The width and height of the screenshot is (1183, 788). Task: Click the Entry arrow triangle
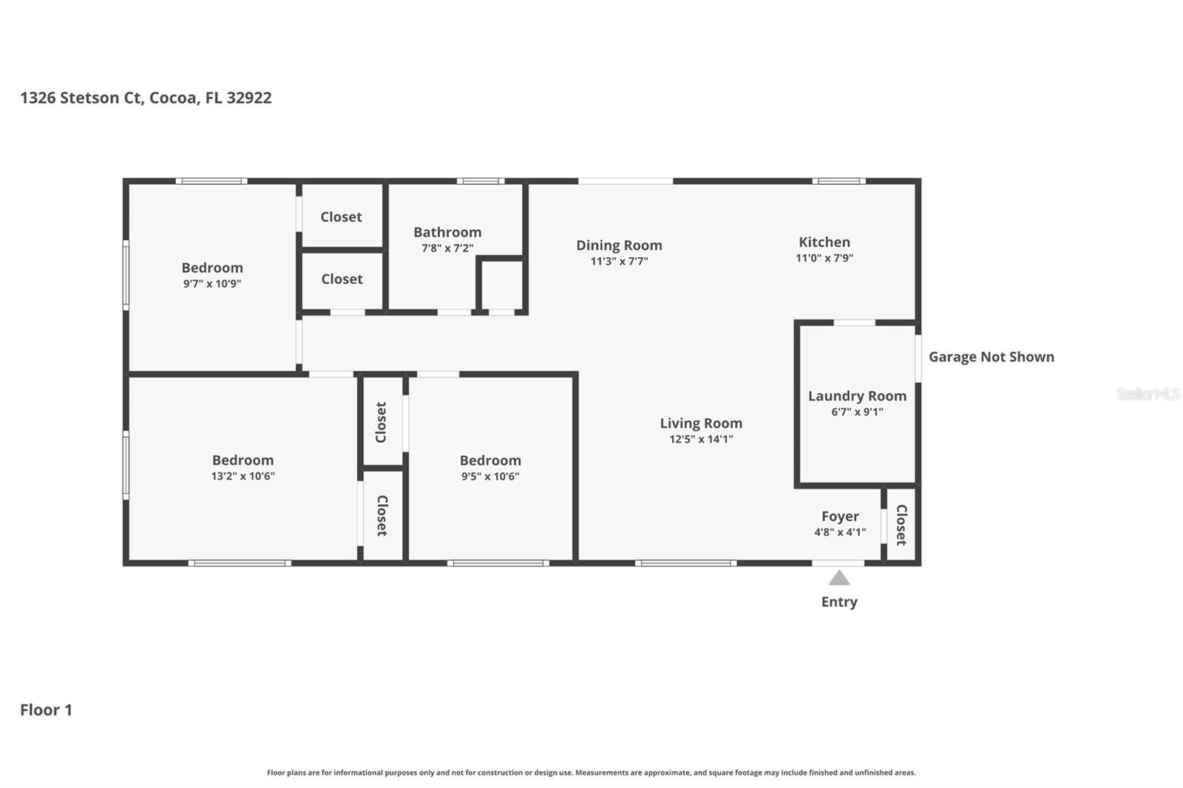(x=839, y=578)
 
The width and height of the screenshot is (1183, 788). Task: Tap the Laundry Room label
(x=857, y=396)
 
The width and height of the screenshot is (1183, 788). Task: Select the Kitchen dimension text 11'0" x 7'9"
(x=824, y=258)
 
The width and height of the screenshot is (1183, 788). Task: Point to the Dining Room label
(x=619, y=245)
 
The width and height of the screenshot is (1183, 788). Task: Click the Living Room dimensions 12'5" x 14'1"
(x=702, y=439)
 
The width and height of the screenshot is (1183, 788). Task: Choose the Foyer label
(x=840, y=517)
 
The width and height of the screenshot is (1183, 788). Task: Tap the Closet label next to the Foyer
(x=901, y=525)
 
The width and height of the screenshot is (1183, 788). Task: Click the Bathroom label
(x=447, y=232)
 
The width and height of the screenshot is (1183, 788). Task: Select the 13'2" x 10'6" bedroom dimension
(x=243, y=476)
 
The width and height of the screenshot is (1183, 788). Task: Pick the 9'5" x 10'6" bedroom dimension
(x=490, y=476)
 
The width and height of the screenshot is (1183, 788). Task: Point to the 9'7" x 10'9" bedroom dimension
(x=212, y=284)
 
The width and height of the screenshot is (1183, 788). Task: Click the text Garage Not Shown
(x=992, y=357)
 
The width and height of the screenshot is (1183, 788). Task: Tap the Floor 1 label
(x=46, y=710)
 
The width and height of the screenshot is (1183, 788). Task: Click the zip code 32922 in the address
(x=249, y=98)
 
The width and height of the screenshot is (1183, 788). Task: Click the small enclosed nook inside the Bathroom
(x=501, y=285)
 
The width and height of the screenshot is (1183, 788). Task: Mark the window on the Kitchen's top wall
(x=838, y=181)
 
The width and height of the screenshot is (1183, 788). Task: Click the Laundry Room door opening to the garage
(x=918, y=358)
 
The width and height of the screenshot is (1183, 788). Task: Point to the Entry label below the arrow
(x=839, y=602)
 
